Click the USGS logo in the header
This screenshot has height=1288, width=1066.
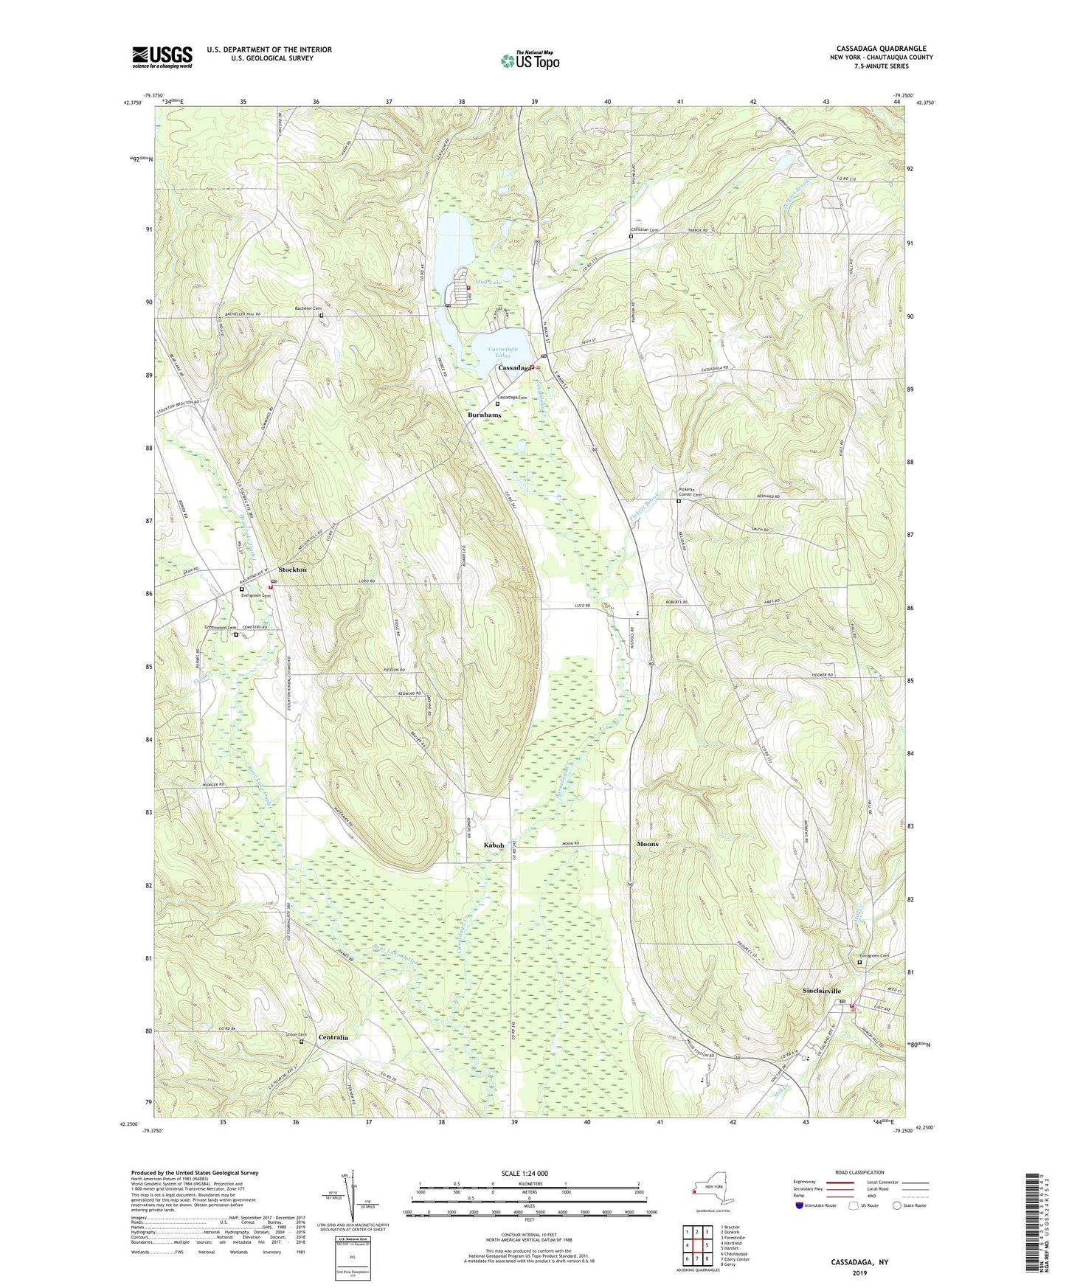pyautogui.click(x=162, y=57)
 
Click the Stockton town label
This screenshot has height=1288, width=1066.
pyautogui.click(x=292, y=570)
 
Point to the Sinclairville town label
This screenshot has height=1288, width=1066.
pyautogui.click(x=821, y=991)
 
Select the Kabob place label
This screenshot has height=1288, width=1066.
pyautogui.click(x=494, y=845)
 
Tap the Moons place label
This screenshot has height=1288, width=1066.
pyautogui.click(x=647, y=844)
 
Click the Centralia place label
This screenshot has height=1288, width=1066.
pyautogui.click(x=333, y=1037)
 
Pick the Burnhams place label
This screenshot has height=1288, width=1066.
pyautogui.click(x=484, y=415)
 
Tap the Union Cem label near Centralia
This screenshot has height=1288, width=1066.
pyautogui.click(x=296, y=1034)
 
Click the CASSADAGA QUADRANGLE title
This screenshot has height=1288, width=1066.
pyautogui.click(x=881, y=49)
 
